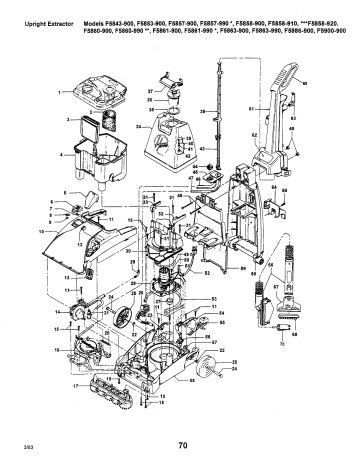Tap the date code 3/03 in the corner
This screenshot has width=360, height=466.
click(x=17, y=449)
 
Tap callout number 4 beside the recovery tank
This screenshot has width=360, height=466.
click(x=60, y=157)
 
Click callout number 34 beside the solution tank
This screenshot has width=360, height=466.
click(x=137, y=128)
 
